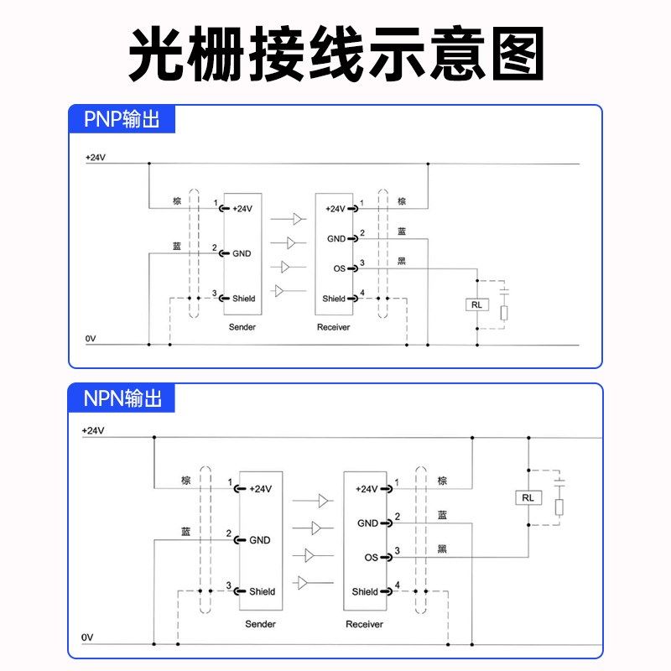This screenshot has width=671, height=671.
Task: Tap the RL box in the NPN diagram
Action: (x=528, y=498)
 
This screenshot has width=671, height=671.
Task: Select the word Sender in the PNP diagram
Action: (x=242, y=327)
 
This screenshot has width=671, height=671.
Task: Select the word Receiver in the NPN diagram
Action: (x=364, y=624)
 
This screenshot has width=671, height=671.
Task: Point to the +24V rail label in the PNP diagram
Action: (x=95, y=157)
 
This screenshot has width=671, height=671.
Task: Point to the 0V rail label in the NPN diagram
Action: (x=87, y=637)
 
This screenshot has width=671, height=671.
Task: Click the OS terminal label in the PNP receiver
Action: (x=340, y=268)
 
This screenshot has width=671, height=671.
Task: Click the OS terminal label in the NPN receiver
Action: (x=372, y=557)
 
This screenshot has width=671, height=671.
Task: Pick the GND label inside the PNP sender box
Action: (x=242, y=252)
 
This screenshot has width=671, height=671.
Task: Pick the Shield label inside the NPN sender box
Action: (x=262, y=591)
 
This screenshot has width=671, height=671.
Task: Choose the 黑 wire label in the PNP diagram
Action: (x=402, y=262)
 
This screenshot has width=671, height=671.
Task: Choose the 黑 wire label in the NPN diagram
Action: (x=442, y=549)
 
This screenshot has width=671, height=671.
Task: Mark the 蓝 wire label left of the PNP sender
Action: (x=176, y=246)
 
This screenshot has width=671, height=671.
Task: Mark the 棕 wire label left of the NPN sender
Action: (x=185, y=481)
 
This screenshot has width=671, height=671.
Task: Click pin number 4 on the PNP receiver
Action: (x=362, y=293)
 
